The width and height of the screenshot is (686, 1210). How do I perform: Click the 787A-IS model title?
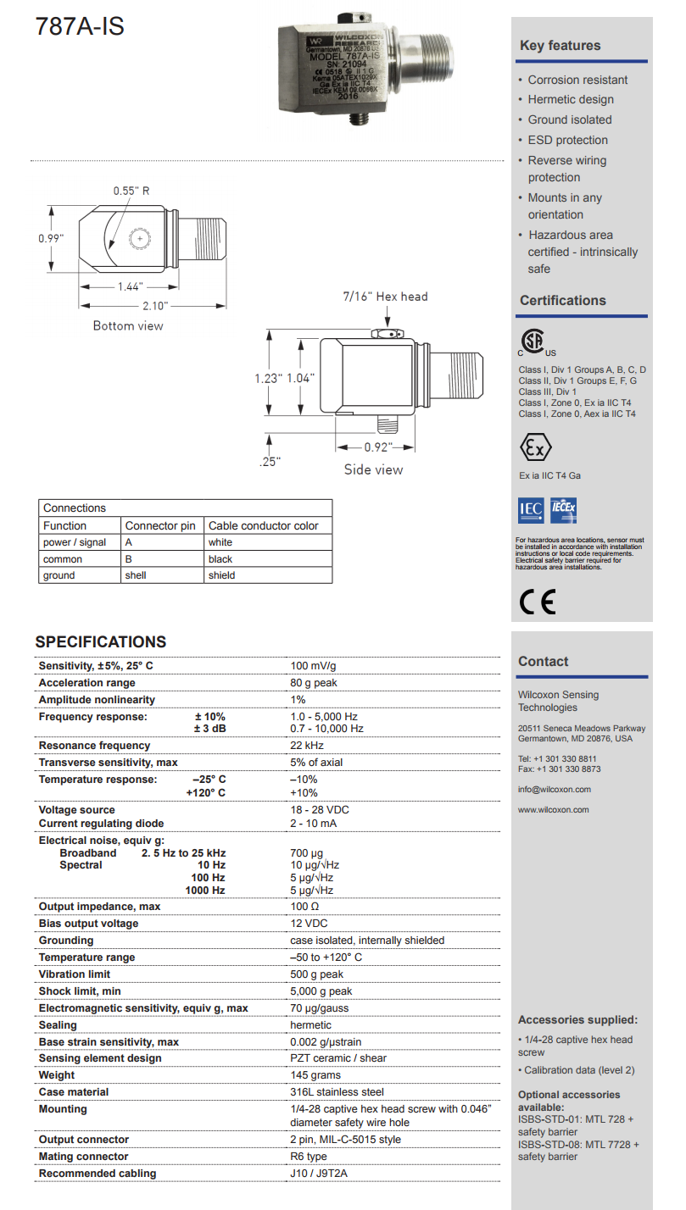point(80,26)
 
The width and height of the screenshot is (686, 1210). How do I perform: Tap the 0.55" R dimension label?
point(131,191)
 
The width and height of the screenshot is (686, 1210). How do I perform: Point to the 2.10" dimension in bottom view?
point(155,305)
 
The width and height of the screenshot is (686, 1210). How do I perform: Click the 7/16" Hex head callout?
point(385,297)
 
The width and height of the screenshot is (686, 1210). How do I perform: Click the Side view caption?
point(373,469)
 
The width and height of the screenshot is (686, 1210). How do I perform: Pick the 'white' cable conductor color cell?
point(220,542)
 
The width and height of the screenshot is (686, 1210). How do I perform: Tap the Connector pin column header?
point(160,525)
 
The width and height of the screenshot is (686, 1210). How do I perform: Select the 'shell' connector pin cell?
point(136,575)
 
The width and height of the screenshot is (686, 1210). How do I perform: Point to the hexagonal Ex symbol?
point(534,447)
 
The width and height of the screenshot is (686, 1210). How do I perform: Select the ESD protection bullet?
point(567,140)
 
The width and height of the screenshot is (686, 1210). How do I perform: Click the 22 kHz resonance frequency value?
point(307,746)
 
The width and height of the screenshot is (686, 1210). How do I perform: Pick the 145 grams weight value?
point(315,1075)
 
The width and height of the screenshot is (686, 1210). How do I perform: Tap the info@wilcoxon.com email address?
point(554,789)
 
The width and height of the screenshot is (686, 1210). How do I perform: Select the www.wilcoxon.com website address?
point(553,809)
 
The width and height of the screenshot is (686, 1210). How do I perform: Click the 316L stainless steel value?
point(337,1092)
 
